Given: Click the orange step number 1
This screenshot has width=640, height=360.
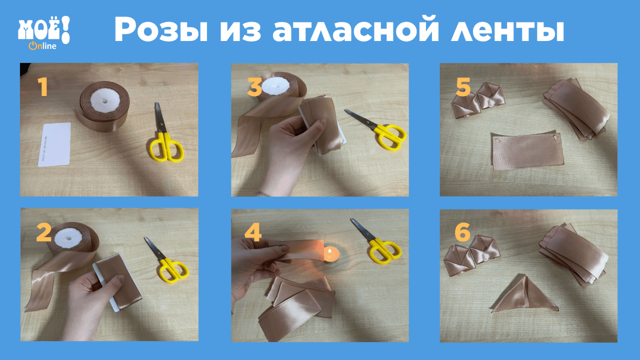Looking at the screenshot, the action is (43, 87).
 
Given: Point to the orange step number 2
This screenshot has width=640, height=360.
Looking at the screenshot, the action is (44, 233).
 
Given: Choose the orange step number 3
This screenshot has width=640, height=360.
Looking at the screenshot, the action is (254, 87).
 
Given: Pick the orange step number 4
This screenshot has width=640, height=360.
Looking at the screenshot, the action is (253, 233).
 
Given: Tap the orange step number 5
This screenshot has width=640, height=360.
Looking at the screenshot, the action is (463, 87).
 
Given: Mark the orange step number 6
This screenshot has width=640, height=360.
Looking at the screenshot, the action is (462, 233).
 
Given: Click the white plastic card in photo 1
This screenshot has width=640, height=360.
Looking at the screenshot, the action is (54, 145).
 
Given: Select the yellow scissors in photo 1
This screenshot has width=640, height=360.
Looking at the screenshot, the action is (165, 134).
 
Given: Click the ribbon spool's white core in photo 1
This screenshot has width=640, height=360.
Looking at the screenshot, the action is (105, 101).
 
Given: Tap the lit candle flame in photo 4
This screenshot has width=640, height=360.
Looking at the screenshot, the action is (330, 252).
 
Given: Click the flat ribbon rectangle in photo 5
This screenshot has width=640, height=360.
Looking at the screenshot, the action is (527, 151).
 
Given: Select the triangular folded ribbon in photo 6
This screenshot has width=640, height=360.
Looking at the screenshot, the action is (524, 295).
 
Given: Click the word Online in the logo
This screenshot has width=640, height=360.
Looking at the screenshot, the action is (43, 46).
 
